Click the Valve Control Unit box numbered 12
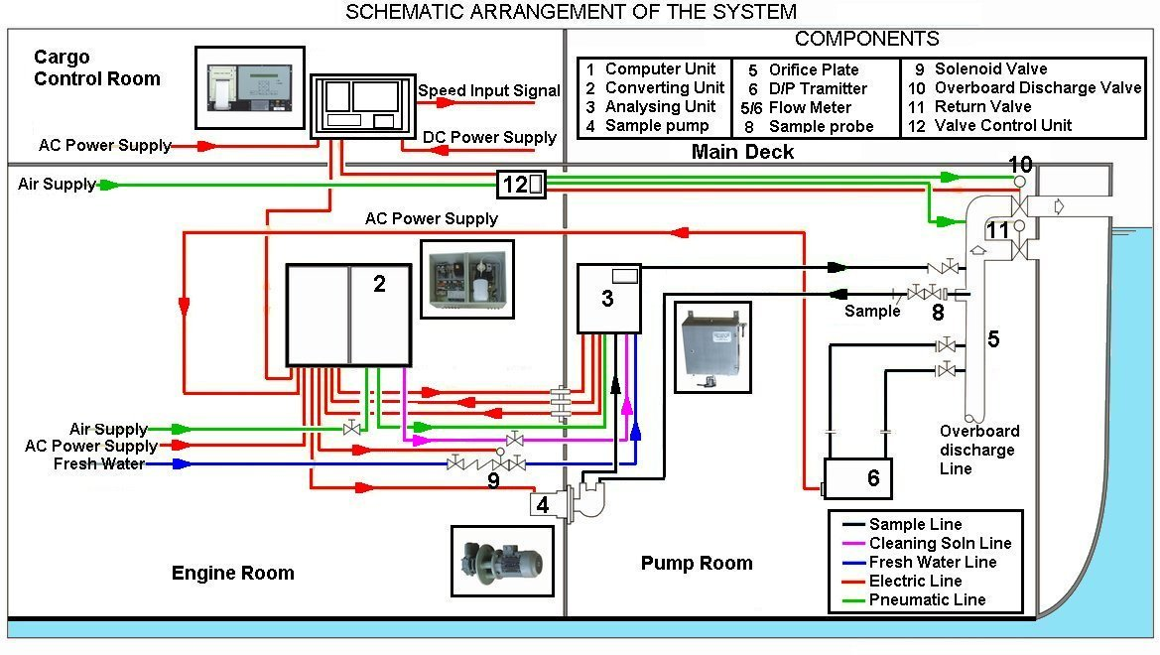pyautogui.click(x=522, y=184)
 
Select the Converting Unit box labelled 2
pyautogui.click(x=348, y=314)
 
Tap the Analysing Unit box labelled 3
pyautogui.click(x=609, y=298)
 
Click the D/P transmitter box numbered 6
pyautogui.click(x=858, y=478)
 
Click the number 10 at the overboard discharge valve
pyautogui.click(x=1020, y=165)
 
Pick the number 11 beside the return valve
pyautogui.click(x=996, y=230)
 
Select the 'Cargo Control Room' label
pyautogui.click(x=96, y=67)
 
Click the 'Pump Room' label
pyautogui.click(x=697, y=564)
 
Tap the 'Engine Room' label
pyautogui.click(x=232, y=573)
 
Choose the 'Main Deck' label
pyautogui.click(x=742, y=152)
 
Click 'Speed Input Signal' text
pyautogui.click(x=488, y=90)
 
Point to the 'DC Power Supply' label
pyautogui.click(x=489, y=137)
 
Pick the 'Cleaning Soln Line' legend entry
pyautogui.click(x=939, y=543)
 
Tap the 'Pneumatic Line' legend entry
pyautogui.click(x=927, y=599)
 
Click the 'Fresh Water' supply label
pyautogui.click(x=99, y=463)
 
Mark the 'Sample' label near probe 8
pyautogui.click(x=872, y=312)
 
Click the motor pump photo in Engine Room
pyautogui.click(x=502, y=560)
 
